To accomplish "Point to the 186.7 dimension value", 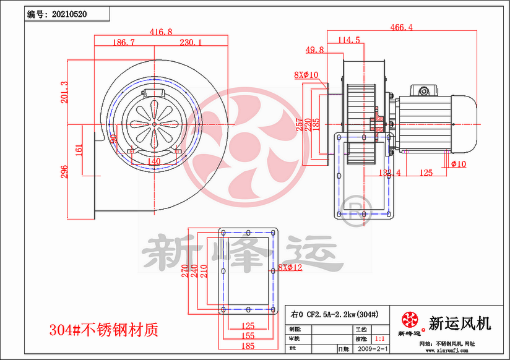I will (x=124, y=43).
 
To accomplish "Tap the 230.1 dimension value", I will (x=191, y=43).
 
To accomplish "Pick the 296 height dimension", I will (x=64, y=171).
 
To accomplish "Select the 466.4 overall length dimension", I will (x=402, y=27).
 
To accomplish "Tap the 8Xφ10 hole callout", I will (x=306, y=75).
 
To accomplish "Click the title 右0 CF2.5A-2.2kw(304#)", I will (x=334, y=314).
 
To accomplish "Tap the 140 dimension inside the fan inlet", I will (x=154, y=161).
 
